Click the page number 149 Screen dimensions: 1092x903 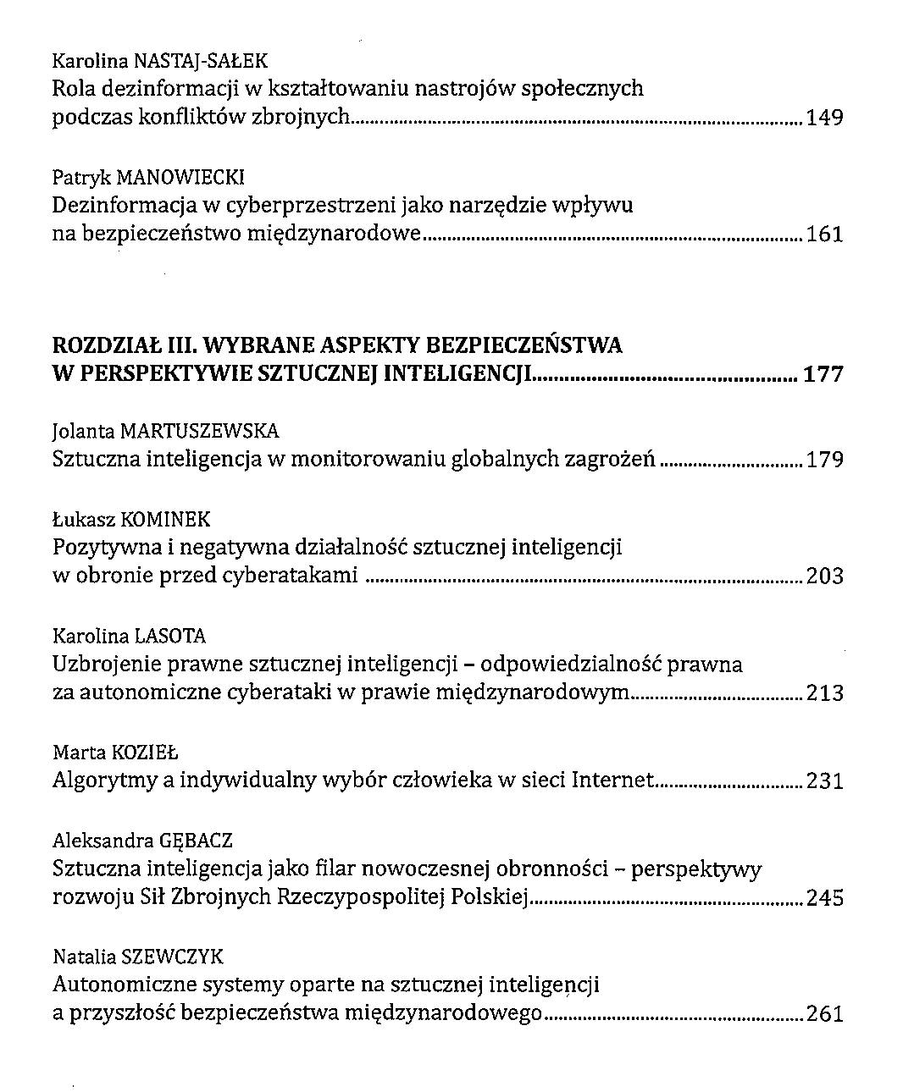824,118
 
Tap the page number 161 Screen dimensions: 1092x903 824,234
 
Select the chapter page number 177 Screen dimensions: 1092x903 823,374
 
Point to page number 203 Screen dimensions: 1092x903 824,577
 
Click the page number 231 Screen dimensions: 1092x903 824,780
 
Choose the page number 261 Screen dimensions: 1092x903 824,1014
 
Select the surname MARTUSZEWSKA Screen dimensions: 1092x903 199,432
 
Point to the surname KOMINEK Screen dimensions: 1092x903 166,520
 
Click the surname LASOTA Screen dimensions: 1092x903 170,637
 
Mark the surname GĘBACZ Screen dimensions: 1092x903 195,841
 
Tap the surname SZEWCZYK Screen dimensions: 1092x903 173,957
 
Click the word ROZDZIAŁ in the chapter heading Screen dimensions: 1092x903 111,346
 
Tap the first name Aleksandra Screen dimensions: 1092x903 102,841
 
